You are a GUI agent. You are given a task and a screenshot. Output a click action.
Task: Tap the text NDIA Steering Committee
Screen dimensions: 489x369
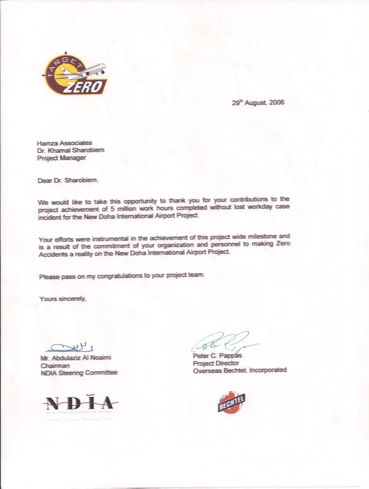click(x=79, y=373)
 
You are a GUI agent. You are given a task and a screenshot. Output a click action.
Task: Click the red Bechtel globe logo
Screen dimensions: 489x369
click(x=231, y=403)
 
